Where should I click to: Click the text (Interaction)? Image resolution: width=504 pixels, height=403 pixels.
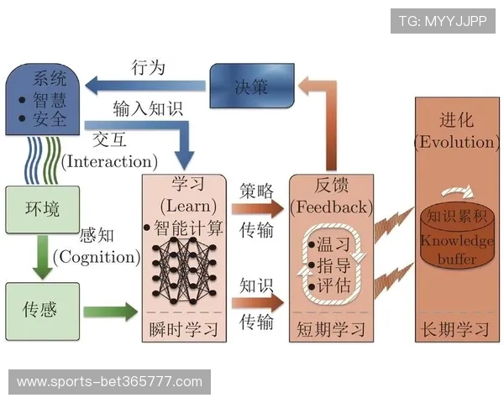[x=109, y=160]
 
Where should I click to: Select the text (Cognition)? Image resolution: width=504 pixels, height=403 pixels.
[x=96, y=257]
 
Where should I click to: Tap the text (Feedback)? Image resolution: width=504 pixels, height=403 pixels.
[x=330, y=207]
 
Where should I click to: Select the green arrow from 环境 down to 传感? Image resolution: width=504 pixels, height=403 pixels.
[x=40, y=259]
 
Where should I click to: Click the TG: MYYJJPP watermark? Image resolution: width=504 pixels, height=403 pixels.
[x=443, y=20]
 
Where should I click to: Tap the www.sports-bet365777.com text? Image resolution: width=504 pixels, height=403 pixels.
[x=109, y=382]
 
